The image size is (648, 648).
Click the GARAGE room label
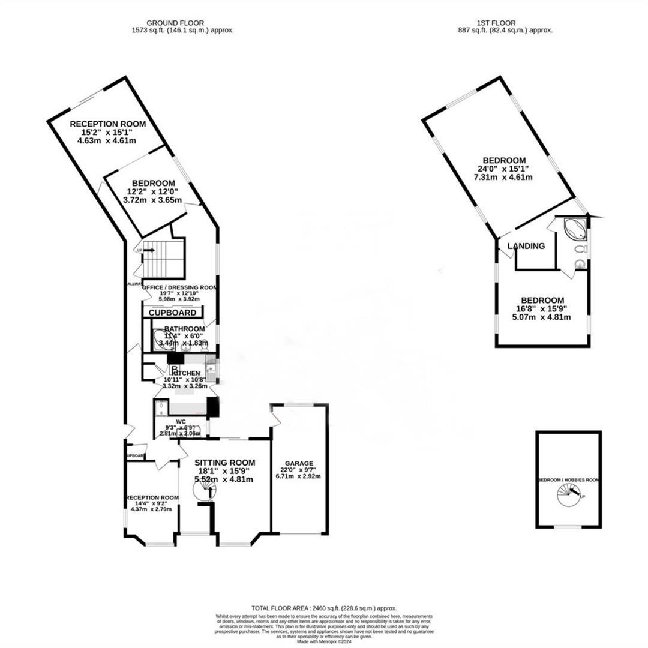(x=299, y=463)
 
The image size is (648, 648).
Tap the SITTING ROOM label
(x=225, y=463)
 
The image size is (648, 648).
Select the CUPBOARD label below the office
(x=172, y=313)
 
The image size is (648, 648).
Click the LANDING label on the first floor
(x=526, y=246)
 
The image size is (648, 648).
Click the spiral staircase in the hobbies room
(x=568, y=496)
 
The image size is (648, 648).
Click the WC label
(x=181, y=422)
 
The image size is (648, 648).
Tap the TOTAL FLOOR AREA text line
(x=325, y=608)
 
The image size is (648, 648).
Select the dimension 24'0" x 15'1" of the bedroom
(x=505, y=169)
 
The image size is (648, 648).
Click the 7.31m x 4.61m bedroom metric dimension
(x=505, y=177)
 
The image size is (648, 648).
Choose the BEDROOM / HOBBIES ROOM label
(x=569, y=480)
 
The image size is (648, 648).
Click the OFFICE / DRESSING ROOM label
(x=179, y=287)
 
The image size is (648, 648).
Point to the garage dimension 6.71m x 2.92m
(x=299, y=476)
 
